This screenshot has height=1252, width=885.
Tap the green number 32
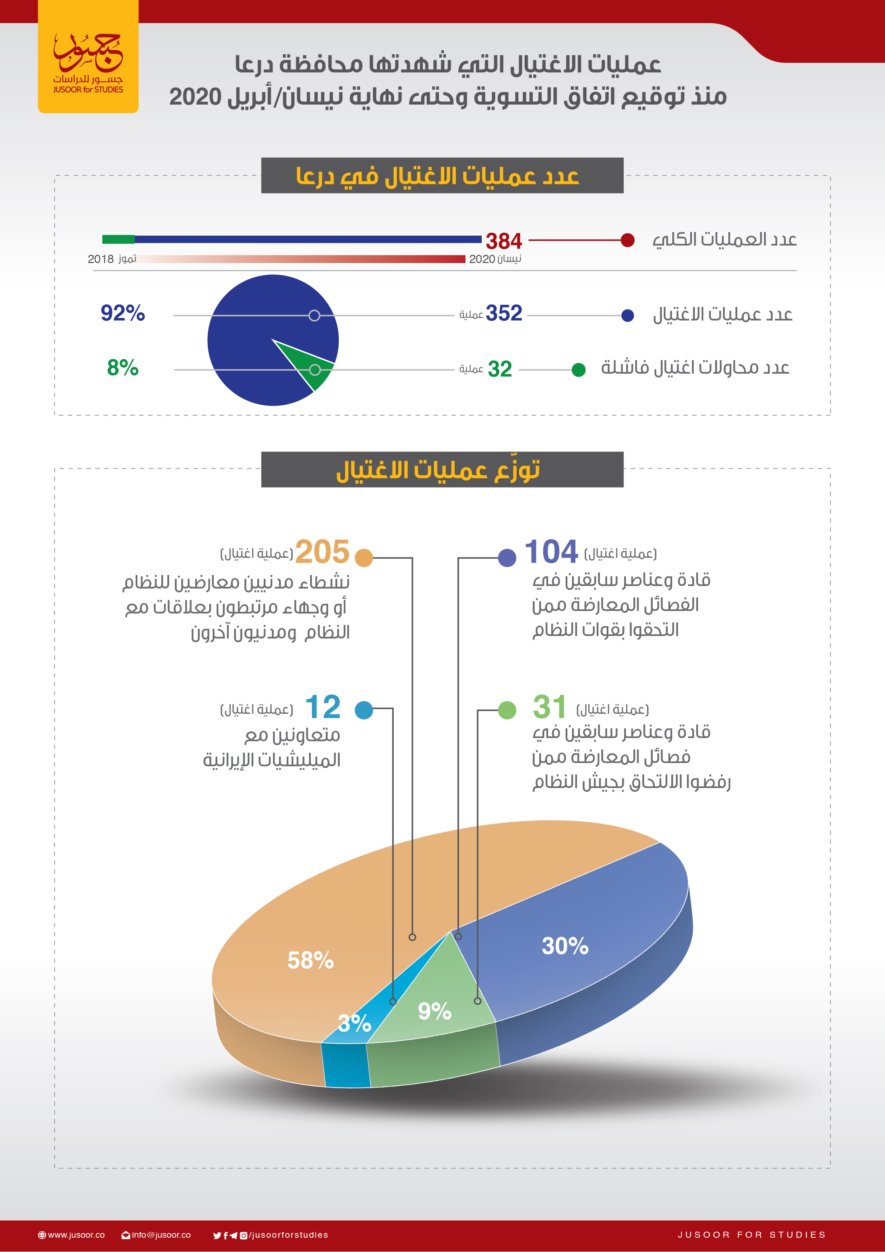pos(500,369)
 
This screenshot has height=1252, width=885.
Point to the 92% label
pos(123,313)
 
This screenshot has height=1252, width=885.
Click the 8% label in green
pos(123,368)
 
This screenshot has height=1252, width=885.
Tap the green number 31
pos(549,707)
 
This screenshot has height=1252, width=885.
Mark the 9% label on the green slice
pos(435,1011)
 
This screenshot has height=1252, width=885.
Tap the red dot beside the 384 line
pos(628,240)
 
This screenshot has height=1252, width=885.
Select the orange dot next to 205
pos(364,558)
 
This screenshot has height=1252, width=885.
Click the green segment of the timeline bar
pos(118,239)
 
